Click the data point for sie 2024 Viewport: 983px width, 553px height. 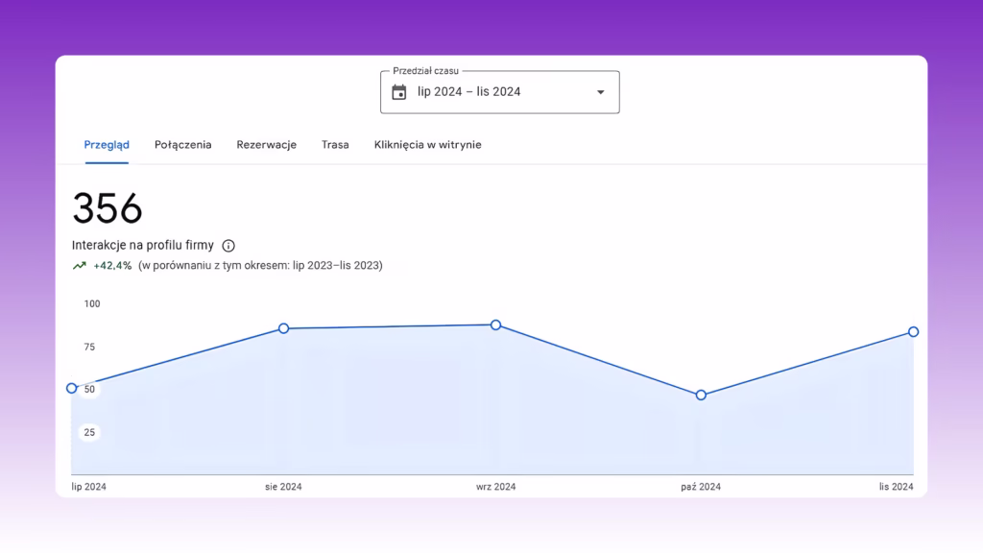pyautogui.click(x=283, y=328)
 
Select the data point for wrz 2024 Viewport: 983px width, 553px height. pyautogui.click(x=496, y=325)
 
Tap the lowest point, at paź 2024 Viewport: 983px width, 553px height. pyautogui.click(x=701, y=395)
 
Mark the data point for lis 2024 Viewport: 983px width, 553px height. pyautogui.click(x=914, y=331)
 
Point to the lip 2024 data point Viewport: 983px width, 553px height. pyautogui.click(x=71, y=388)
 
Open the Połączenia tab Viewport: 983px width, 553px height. pyautogui.click(x=183, y=145)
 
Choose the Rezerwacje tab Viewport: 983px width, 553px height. pyautogui.click(x=267, y=145)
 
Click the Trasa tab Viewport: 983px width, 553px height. pyautogui.click(x=335, y=145)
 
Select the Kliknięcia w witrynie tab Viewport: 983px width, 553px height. pyautogui.click(x=427, y=145)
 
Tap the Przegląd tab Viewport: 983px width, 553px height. pyautogui.click(x=107, y=145)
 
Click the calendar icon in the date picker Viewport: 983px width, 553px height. pyautogui.click(x=398, y=92)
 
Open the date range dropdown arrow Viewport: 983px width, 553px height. pyautogui.click(x=601, y=92)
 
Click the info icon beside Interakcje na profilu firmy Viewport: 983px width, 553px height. pyautogui.click(x=228, y=246)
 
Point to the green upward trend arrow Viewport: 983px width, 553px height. pyautogui.click(x=79, y=266)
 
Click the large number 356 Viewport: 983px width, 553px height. pyautogui.click(x=108, y=208)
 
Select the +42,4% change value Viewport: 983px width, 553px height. pyautogui.click(x=112, y=266)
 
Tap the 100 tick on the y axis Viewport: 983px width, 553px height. pyautogui.click(x=92, y=304)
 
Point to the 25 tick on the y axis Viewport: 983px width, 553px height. pyautogui.click(x=89, y=433)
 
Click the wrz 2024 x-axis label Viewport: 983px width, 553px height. pyautogui.click(x=496, y=487)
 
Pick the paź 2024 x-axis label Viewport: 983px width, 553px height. pyautogui.click(x=701, y=487)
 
